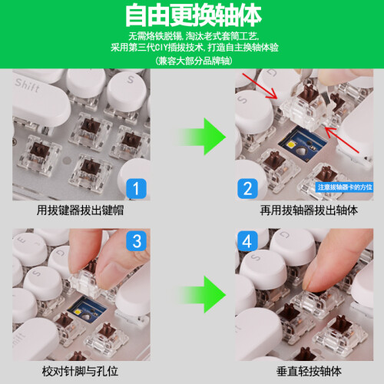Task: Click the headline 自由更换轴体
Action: (194, 15)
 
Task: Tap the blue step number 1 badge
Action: (136, 189)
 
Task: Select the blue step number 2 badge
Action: (247, 189)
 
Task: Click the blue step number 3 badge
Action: (136, 241)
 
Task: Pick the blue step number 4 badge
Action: (247, 241)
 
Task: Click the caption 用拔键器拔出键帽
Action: (80, 210)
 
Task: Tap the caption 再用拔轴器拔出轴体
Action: (309, 210)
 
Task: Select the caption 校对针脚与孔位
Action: (80, 371)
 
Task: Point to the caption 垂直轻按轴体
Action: (309, 371)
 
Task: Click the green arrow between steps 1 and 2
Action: (202, 137)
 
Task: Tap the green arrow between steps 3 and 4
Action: (202, 294)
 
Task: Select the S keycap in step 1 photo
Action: (127, 90)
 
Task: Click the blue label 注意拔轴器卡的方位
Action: (344, 187)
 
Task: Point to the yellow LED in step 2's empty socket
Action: (292, 145)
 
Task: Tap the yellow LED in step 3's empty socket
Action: (78, 312)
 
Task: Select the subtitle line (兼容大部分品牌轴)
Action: (194, 61)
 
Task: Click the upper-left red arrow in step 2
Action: (260, 86)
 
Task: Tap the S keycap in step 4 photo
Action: (263, 269)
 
